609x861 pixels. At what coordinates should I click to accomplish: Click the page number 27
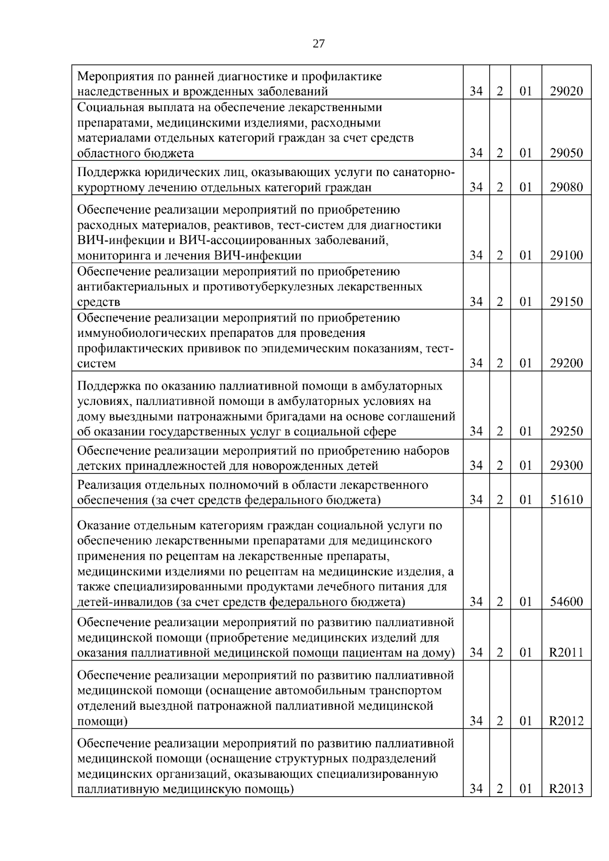point(318,44)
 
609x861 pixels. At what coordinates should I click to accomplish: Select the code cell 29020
point(566,92)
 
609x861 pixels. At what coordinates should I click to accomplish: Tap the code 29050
point(566,153)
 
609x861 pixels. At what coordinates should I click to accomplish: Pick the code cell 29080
point(566,188)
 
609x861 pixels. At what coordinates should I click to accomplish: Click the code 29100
point(566,256)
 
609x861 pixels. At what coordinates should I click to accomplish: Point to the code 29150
point(566,302)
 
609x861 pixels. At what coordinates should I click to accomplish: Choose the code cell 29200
point(566,364)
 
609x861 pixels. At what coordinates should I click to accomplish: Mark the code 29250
point(566,432)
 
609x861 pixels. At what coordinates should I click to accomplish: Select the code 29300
point(566,466)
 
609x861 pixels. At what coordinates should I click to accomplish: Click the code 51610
point(566,500)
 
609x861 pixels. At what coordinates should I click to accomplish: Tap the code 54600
point(566,602)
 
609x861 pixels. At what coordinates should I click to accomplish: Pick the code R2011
point(566,653)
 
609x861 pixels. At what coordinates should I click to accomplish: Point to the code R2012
point(566,721)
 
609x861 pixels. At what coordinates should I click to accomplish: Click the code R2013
point(566,789)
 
